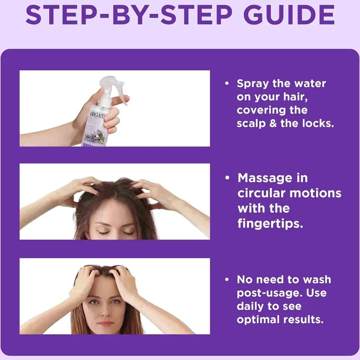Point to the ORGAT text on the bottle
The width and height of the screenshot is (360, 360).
(x=98, y=116)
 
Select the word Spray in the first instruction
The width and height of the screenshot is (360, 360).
(x=253, y=84)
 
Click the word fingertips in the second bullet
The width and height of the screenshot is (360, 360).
(x=270, y=223)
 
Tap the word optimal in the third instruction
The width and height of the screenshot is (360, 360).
(x=258, y=320)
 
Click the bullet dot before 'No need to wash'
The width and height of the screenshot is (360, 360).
(x=227, y=280)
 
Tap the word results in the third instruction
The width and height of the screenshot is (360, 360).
(x=304, y=320)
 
